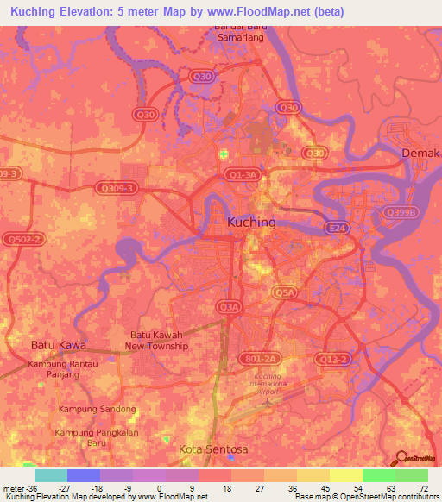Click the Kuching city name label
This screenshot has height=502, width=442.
[x=251, y=222]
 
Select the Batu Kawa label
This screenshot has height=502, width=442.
[x=56, y=345]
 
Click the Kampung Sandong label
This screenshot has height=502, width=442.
[x=98, y=408]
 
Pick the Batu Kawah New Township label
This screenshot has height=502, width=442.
[x=158, y=340]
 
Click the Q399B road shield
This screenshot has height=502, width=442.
[x=401, y=212]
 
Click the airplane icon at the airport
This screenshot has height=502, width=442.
[x=268, y=400]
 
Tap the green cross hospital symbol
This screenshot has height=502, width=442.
[x=224, y=154]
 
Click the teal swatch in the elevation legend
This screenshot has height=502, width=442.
[x=51, y=475]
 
